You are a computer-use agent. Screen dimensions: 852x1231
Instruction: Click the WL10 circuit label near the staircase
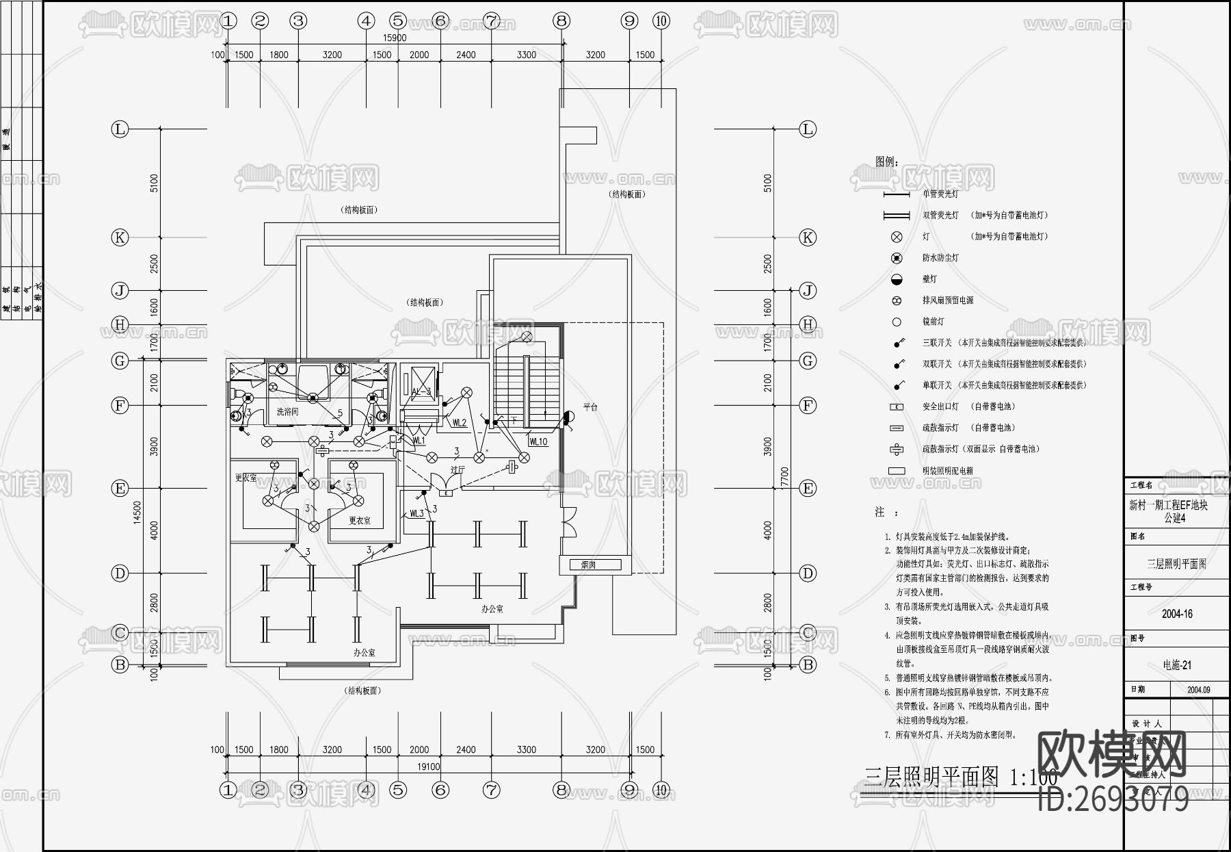pyautogui.click(x=538, y=441)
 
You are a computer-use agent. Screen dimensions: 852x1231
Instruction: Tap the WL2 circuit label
pyautogui.click(x=459, y=423)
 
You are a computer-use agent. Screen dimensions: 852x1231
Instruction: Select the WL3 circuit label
pyautogui.click(x=416, y=513)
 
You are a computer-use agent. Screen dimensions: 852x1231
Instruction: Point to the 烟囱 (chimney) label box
pyautogui.click(x=589, y=565)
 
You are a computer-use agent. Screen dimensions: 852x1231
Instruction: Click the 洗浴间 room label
pyautogui.click(x=287, y=411)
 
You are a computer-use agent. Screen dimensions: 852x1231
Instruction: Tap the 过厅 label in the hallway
pyautogui.click(x=457, y=469)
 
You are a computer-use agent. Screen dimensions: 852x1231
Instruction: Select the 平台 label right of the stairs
pyautogui.click(x=590, y=407)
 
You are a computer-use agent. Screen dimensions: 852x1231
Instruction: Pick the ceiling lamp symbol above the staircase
pyautogui.click(x=527, y=337)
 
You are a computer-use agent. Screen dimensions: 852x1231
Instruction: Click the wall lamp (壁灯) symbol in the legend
pyautogui.click(x=897, y=279)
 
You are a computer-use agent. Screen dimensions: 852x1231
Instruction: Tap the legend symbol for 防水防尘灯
pyautogui.click(x=897, y=258)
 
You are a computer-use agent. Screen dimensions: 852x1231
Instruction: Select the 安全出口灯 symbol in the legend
pyautogui.click(x=897, y=406)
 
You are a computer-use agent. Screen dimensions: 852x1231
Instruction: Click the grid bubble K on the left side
pyautogui.click(x=120, y=237)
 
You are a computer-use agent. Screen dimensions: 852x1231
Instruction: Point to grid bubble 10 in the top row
pyautogui.click(x=661, y=21)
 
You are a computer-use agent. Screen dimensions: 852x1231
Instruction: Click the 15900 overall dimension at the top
pyautogui.click(x=395, y=38)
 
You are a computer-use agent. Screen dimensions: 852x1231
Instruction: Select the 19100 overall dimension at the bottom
pyautogui.click(x=429, y=766)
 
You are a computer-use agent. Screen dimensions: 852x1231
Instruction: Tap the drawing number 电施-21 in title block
pyautogui.click(x=1177, y=664)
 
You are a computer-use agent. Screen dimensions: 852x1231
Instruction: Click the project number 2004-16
pyautogui.click(x=1177, y=614)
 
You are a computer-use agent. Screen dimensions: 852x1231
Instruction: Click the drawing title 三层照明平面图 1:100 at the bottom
pyautogui.click(x=960, y=777)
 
